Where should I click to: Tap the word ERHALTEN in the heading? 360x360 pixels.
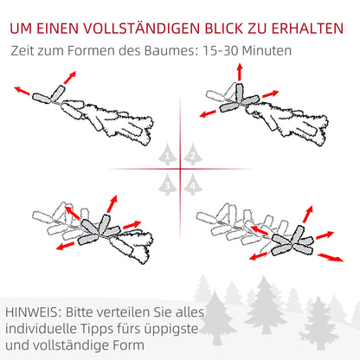click(307, 29)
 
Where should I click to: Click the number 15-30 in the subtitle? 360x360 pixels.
click(221, 51)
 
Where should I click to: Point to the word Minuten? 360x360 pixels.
click(267, 51)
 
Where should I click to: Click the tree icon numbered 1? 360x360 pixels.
click(168, 154)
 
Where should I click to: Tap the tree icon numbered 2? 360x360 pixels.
click(193, 154)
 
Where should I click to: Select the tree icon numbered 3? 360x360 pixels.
click(168, 184)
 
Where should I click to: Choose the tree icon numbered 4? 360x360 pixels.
click(193, 184)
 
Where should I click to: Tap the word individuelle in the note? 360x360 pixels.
click(41, 329)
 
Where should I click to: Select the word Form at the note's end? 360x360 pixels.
click(128, 345)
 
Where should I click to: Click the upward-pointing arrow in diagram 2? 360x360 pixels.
click(240, 72)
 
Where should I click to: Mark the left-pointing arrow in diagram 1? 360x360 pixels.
click(22, 91)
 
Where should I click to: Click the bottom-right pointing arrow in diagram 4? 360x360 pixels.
click(331, 257)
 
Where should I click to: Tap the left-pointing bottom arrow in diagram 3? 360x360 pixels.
click(65, 246)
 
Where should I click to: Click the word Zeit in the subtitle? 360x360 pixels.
click(22, 51)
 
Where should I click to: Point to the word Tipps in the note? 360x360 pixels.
click(96, 330)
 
